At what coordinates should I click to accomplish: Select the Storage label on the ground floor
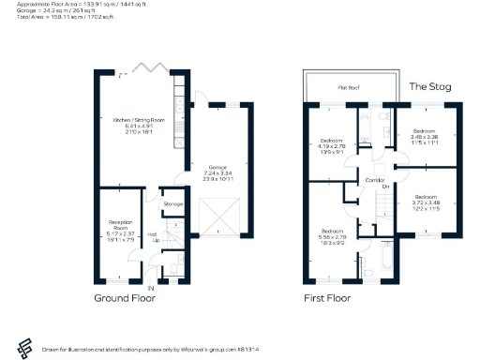pyautogui.click(x=172, y=203)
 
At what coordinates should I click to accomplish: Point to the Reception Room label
pyautogui.click(x=117, y=228)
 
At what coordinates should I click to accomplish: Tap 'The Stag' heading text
pyautogui.click(x=430, y=86)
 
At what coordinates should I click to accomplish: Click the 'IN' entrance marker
pyautogui.click(x=150, y=287)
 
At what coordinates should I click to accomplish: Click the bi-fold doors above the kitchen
pyautogui.click(x=147, y=69)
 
